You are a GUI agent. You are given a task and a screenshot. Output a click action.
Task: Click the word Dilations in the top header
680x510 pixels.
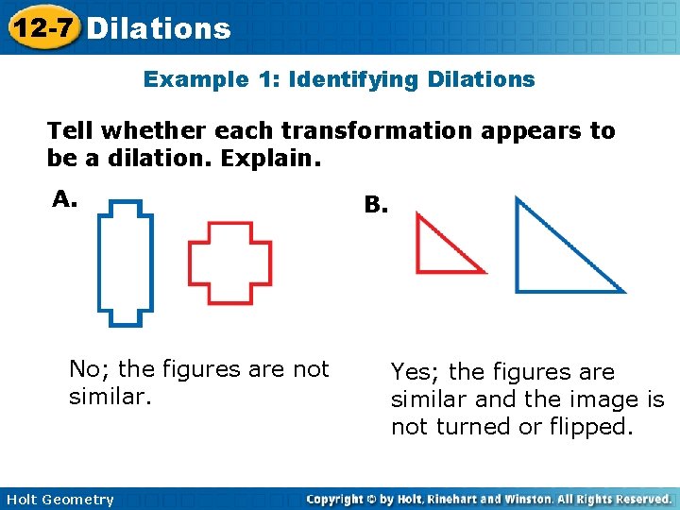tap(158, 28)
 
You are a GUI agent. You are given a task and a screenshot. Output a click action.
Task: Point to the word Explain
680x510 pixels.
tap(270, 157)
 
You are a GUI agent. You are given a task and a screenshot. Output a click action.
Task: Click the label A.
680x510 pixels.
tap(64, 199)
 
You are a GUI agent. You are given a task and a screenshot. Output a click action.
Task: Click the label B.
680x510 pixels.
tap(376, 204)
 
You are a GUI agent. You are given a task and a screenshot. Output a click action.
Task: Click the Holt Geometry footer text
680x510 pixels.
tap(58, 500)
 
